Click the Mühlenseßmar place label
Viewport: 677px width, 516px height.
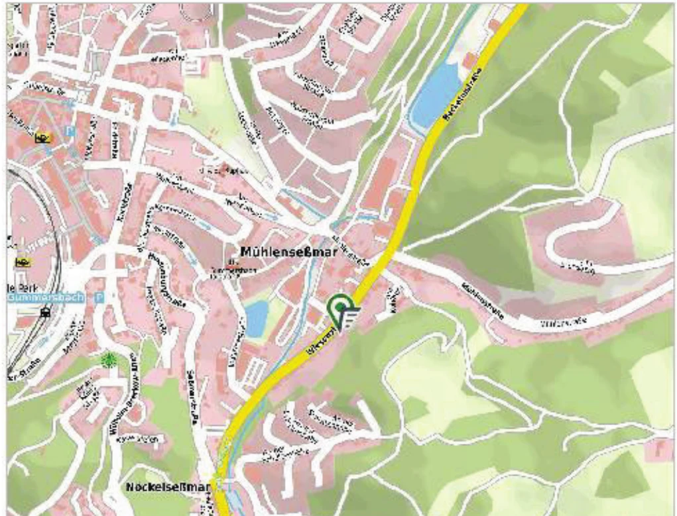tap(288, 252)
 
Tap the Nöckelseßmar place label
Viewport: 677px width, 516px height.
tap(168, 488)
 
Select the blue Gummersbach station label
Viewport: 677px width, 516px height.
tap(46, 297)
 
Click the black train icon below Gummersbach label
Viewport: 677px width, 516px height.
tap(45, 313)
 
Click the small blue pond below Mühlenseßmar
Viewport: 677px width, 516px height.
tap(256, 317)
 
